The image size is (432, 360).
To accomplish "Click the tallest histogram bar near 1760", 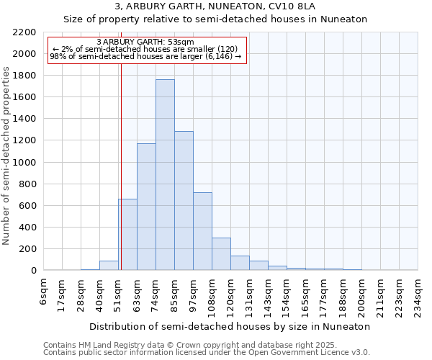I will click(165, 175).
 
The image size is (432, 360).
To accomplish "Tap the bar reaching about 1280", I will click(184, 201).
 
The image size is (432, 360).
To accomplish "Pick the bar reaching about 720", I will click(202, 231).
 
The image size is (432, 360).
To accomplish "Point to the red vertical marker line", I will click(121, 166).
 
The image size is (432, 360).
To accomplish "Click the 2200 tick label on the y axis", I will click(24, 32).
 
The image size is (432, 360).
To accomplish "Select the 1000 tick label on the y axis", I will click(24, 163).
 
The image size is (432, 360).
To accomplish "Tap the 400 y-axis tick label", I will click(27, 228).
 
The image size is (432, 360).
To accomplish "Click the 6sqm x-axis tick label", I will click(44, 292).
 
